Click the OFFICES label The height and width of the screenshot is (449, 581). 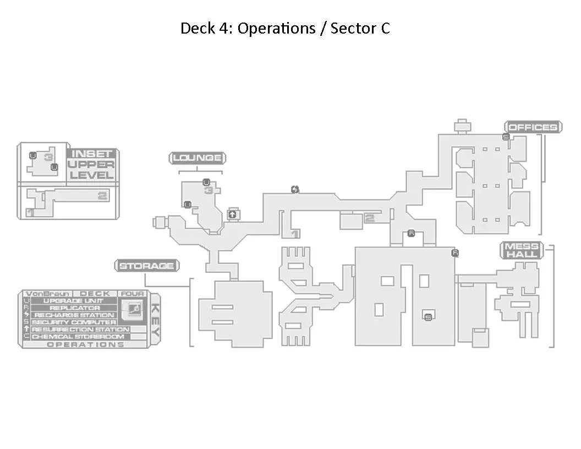point(533,128)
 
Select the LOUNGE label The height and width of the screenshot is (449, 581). point(198,158)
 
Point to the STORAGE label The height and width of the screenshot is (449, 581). point(146,266)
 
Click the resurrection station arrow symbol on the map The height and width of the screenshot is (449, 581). point(232,214)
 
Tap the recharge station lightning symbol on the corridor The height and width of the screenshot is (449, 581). point(295,190)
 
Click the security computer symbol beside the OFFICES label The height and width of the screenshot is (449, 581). point(506,137)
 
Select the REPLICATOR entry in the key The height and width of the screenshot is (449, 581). point(75,308)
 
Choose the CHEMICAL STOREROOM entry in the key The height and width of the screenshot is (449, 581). point(78,336)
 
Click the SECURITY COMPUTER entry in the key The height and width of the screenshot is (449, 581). point(74,322)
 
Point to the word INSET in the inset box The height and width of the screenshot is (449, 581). point(92,154)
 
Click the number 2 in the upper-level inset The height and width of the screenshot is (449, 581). point(102,195)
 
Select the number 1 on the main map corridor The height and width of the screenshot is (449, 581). point(295,234)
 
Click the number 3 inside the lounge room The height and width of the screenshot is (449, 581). point(209,191)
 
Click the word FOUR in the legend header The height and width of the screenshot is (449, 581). point(133,294)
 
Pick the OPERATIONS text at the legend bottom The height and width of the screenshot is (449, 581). point(85,344)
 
